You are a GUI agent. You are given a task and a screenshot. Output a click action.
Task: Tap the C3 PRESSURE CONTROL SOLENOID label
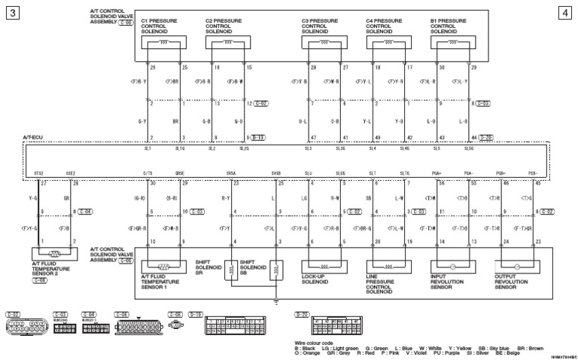320,26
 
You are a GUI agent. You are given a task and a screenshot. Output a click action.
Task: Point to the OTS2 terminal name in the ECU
38,173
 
